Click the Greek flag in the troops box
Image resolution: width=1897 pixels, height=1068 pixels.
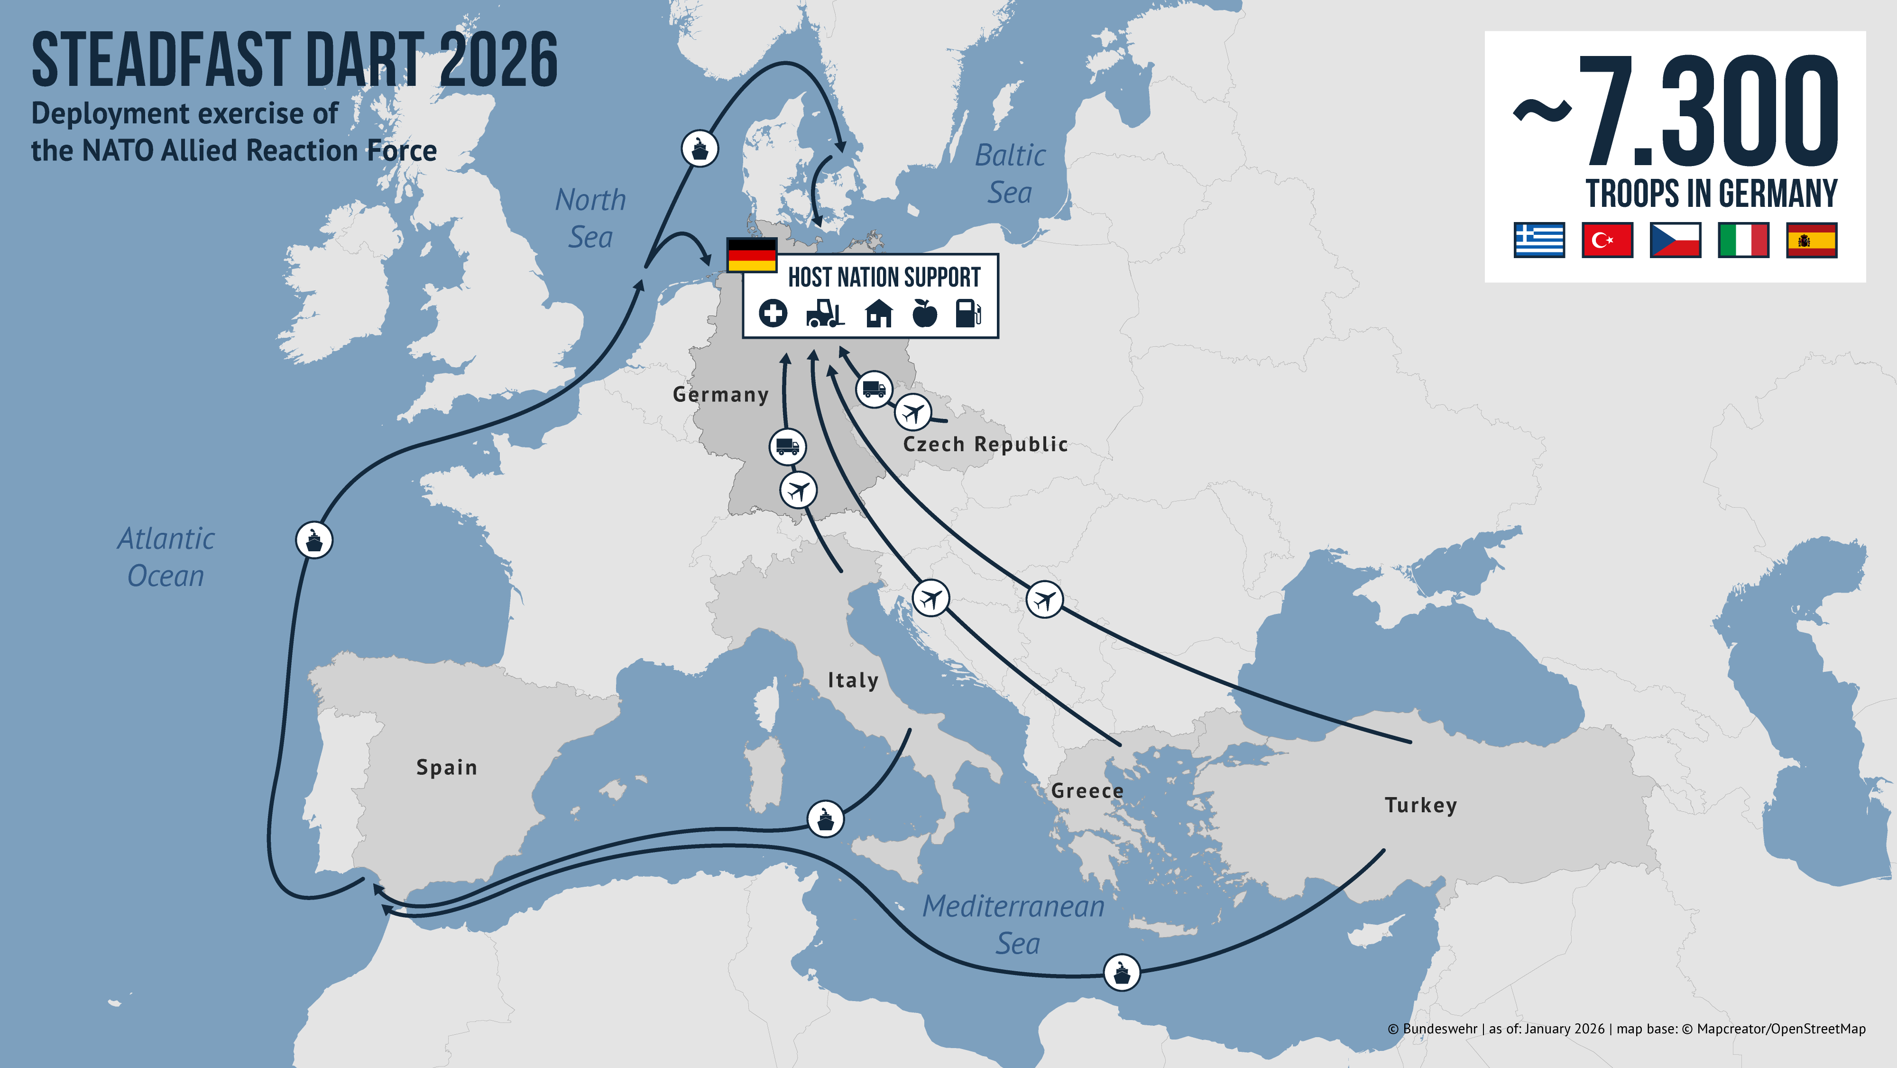(1539, 240)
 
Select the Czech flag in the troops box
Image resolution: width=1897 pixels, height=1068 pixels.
(1676, 240)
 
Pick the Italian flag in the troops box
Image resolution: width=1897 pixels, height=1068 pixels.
(1743, 240)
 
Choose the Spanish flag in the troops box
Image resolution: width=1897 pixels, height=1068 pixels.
(1812, 240)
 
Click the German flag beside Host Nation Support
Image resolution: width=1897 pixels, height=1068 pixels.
(751, 255)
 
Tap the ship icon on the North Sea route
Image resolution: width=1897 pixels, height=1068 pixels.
(700, 149)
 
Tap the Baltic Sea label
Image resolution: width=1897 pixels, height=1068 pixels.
(1010, 174)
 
